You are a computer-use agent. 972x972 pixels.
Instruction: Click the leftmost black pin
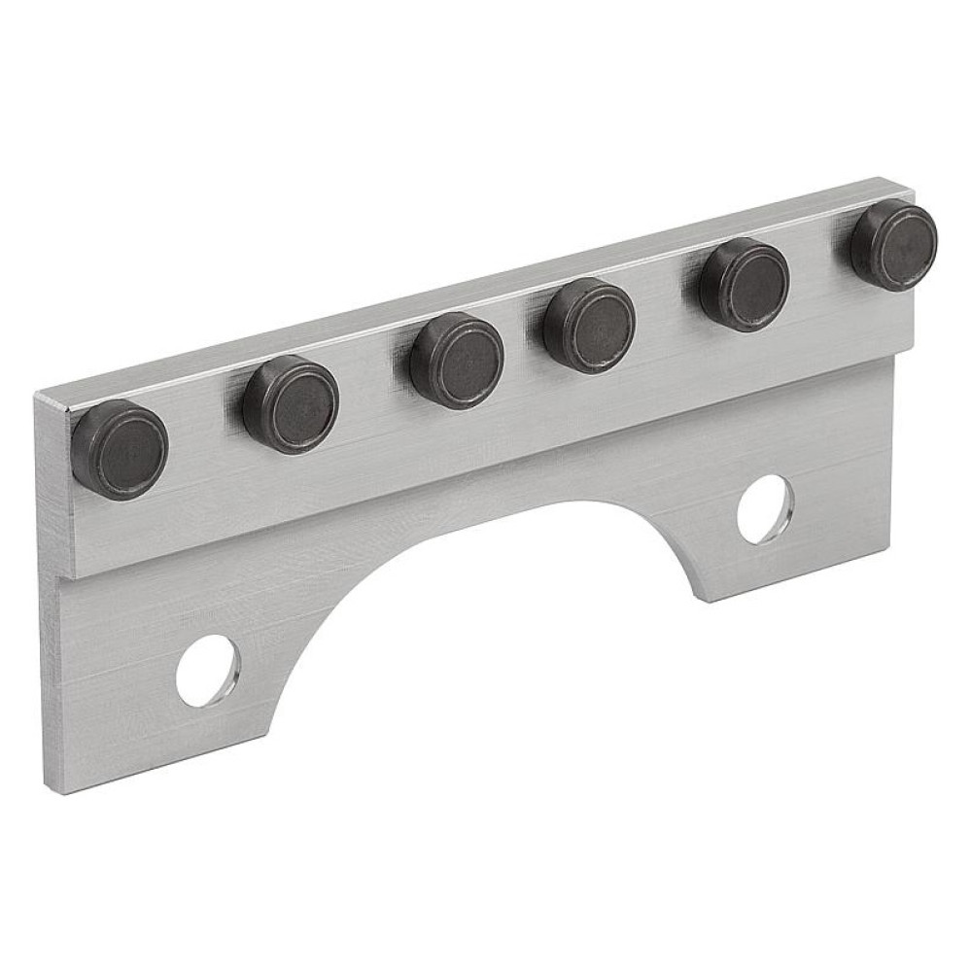pyautogui.click(x=120, y=449)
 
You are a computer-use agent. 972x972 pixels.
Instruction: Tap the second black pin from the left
pyautogui.click(x=290, y=403)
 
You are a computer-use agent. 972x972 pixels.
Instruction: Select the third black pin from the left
pyautogui.click(x=456, y=362)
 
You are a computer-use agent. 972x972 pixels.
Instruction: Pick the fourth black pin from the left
pyautogui.click(x=589, y=324)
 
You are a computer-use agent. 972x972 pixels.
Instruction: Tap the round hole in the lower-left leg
pyautogui.click(x=208, y=671)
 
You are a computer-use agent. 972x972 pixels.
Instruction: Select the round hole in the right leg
pyautogui.click(x=765, y=507)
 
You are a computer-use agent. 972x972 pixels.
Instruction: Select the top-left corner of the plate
pyautogui.click(x=36, y=395)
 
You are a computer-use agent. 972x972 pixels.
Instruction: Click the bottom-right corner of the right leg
pyautogui.click(x=890, y=550)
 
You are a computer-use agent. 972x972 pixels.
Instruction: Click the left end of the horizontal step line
pyautogui.click(x=60, y=579)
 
